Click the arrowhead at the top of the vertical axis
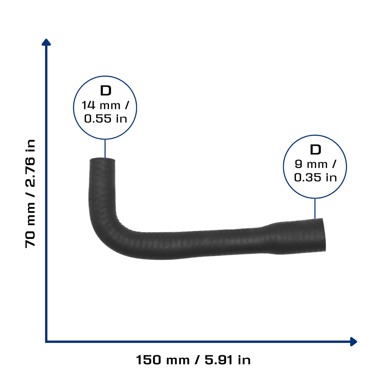pyautogui.click(x=46, y=42)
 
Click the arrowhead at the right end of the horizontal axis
pyautogui.click(x=353, y=342)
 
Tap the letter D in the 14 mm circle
pyautogui.click(x=106, y=91)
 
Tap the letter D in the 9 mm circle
pyautogui.click(x=316, y=150)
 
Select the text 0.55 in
pyautogui.click(x=106, y=119)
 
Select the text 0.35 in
pyautogui.click(x=316, y=178)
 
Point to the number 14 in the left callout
pyautogui.click(x=88, y=105)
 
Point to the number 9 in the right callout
pyautogui.click(x=299, y=164)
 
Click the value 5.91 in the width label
pyautogui.click(x=219, y=360)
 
